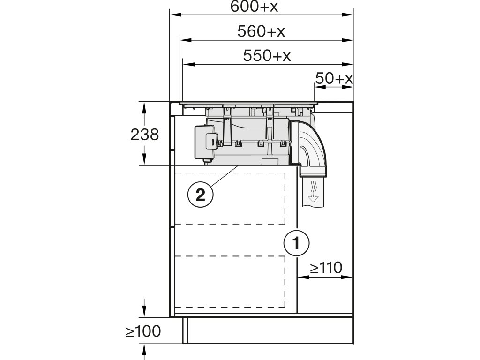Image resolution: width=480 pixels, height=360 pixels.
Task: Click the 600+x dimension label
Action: point(254,7)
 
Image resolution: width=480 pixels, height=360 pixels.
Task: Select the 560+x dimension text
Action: point(261,31)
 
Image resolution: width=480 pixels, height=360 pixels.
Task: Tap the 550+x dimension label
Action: point(267,56)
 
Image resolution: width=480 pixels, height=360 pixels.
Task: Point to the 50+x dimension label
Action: point(334,78)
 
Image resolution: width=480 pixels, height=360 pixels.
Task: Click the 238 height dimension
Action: point(145,135)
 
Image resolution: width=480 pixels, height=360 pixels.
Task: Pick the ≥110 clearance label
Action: point(326,268)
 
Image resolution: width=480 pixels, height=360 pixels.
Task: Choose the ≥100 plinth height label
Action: point(143,331)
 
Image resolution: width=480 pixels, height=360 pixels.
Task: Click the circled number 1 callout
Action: point(296,243)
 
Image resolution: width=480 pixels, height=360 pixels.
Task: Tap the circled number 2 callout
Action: point(201,195)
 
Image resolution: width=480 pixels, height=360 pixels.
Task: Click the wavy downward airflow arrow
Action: point(313,192)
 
